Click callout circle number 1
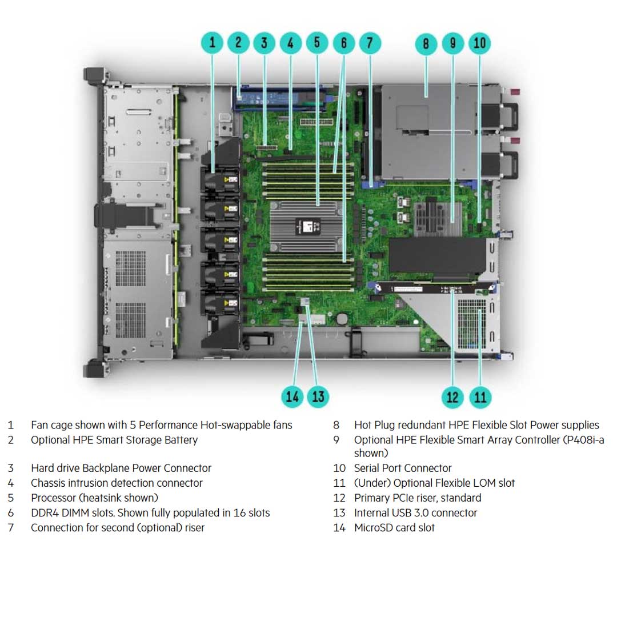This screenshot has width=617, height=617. pos(213,43)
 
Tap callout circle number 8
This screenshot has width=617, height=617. pos(426,44)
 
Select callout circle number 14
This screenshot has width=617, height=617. pos(292,396)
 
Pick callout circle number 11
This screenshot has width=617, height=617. pos(480,396)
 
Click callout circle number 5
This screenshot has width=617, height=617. pos(317,43)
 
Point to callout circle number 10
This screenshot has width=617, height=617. pos(479,43)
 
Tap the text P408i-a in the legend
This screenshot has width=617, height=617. pos(583,440)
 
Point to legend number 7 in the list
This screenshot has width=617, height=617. pos(10,528)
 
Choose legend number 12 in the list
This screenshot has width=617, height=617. pos(339,498)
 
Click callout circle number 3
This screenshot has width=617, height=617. pos(264,43)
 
